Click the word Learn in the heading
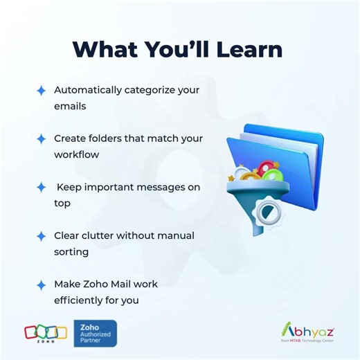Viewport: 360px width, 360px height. pos(249,49)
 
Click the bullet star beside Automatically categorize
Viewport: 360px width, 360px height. pos(42,91)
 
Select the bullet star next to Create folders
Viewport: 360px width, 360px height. pos(42,139)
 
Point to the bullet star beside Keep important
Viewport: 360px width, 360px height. pos(42,188)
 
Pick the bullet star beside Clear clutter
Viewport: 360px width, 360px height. pos(42,236)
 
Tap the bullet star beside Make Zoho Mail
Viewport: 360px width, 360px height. pos(42,285)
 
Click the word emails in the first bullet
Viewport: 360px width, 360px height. pos(70,107)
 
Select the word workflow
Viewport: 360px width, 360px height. pos(77,154)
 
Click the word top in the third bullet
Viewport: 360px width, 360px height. pos(62,204)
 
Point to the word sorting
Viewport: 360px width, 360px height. pos(71,252)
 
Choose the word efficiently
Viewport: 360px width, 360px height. pos(79,300)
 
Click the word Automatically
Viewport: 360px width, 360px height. pos(88,90)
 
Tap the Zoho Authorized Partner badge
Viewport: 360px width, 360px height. pos(96,333)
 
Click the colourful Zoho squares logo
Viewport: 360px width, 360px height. pos(46,333)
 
